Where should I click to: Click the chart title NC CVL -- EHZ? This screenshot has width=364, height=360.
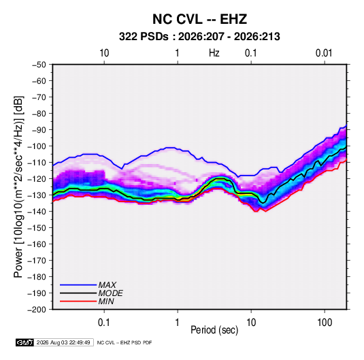coord(199,19)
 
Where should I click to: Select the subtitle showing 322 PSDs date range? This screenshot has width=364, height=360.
coord(199,37)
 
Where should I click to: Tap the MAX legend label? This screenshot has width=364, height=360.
coord(107,285)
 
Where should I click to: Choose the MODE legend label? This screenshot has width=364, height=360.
coord(110,293)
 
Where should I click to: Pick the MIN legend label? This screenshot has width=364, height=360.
coord(106,301)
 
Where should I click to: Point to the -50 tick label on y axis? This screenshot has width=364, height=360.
coord(39,65)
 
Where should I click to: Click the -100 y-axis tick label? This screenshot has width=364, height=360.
coord(37,146)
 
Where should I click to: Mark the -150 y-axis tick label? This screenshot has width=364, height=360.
coord(37,228)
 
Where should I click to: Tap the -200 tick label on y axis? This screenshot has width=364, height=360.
coord(37,310)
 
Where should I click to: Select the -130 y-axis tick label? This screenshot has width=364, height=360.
coord(37,195)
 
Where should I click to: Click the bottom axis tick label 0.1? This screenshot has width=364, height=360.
coord(104,323)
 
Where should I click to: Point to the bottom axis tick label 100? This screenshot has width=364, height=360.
coord(325,323)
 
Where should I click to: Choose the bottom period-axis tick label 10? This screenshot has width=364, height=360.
coord(251,323)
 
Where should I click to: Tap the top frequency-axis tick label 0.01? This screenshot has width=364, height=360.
coord(324,53)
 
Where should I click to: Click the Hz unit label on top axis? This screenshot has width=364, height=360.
coord(214,53)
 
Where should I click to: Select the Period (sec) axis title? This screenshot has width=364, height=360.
coord(214,330)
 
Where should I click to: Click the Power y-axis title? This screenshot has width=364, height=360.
coord(18,187)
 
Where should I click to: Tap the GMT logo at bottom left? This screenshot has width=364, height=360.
coord(24,342)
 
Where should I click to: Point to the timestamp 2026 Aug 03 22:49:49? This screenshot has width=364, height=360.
coord(63,342)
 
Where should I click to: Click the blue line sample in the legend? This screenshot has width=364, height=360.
coord(78,285)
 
